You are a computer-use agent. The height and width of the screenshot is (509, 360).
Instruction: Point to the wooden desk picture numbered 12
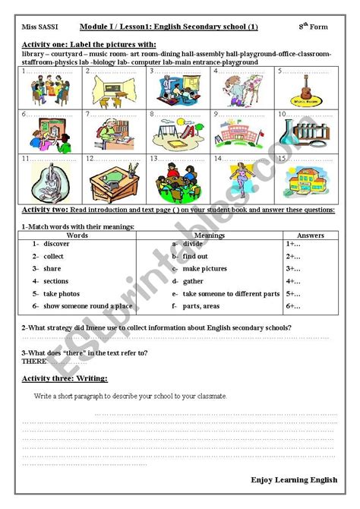[x=109, y=181]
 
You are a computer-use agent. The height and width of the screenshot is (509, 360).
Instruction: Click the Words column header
[x=77, y=235]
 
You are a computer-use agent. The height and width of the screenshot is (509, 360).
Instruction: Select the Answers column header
[x=310, y=235]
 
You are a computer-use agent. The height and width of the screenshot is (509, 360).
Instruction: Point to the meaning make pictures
[x=204, y=269]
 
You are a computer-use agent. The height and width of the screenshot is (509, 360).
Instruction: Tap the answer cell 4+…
[x=294, y=281]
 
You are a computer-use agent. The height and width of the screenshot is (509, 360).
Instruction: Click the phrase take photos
[x=61, y=293]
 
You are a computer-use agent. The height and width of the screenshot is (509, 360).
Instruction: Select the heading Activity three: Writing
[x=65, y=378]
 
